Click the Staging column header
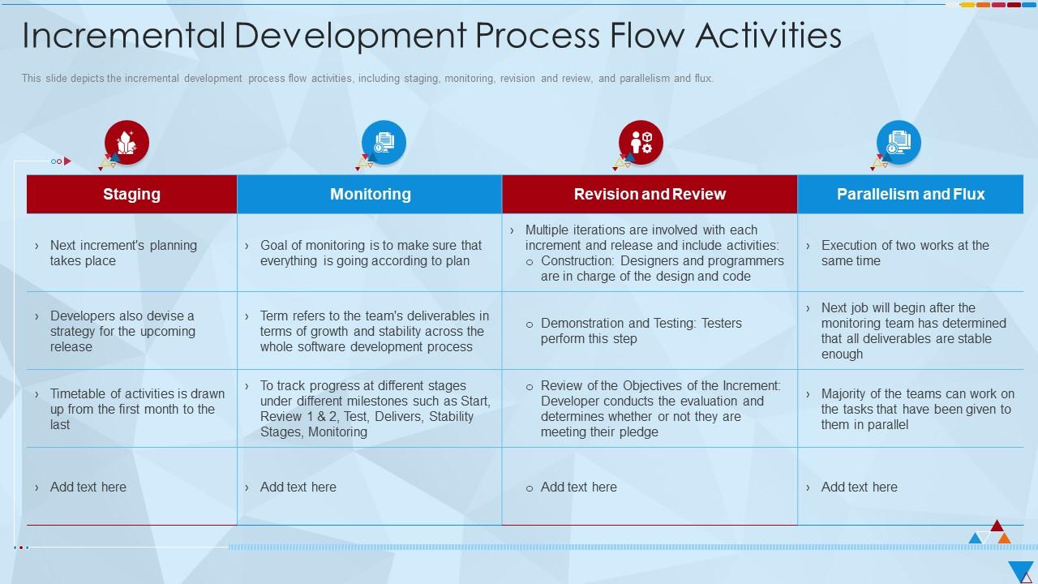coord(131,194)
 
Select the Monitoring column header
coord(370,194)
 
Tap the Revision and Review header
coord(650,194)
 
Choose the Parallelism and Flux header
coord(910,194)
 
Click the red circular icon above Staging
coord(127,143)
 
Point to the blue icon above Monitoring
coord(384,143)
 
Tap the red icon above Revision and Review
coord(641,143)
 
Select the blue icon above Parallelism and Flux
coord(899,143)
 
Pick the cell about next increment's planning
coord(123,253)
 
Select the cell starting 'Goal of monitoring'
coord(371,253)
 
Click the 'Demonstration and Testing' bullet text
coord(641,331)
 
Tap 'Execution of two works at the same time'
coord(904,253)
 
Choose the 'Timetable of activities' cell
coord(136,409)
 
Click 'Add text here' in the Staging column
coord(88,487)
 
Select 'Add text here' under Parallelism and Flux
coord(859,487)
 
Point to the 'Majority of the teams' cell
coord(916,409)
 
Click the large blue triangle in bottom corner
coord(1020,570)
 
